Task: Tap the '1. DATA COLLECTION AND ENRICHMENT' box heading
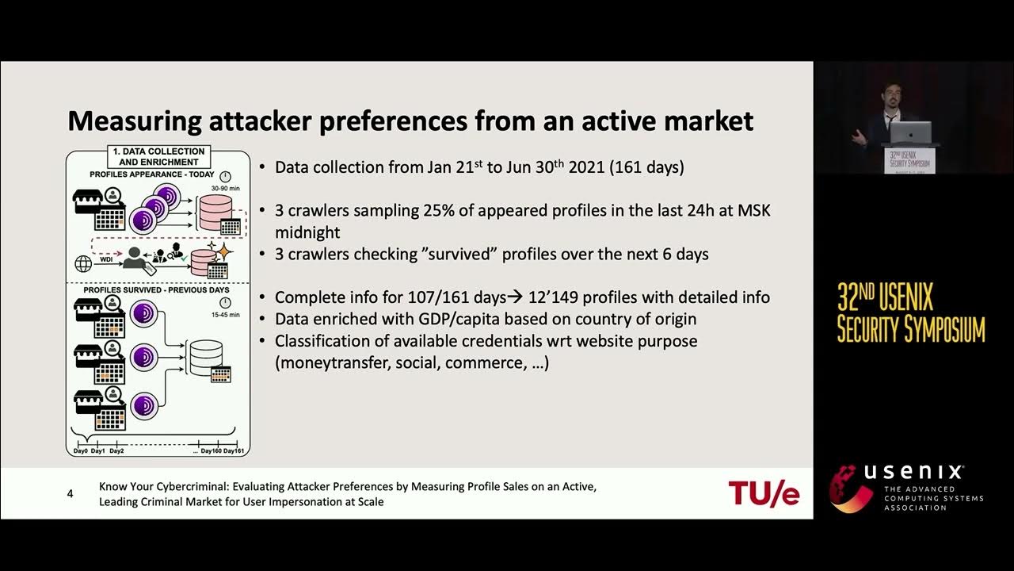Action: coord(158,156)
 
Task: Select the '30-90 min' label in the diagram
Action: coord(224,189)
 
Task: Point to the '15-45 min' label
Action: coord(224,314)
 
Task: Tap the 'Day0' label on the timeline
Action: coord(80,450)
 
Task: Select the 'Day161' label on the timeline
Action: coord(233,450)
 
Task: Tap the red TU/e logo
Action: coord(764,492)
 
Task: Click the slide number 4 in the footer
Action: coord(71,494)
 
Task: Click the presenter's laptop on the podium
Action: coord(911,132)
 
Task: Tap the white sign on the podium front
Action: coord(910,159)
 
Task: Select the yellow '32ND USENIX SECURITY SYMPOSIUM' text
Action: coord(911,312)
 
